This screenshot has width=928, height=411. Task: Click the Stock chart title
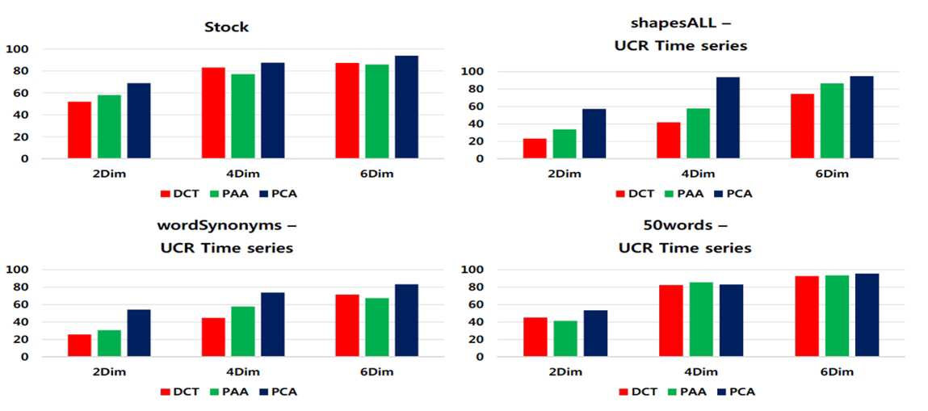[x=227, y=27]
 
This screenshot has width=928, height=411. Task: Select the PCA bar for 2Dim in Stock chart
[x=138, y=120]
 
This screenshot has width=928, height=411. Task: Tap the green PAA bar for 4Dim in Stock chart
[x=242, y=116]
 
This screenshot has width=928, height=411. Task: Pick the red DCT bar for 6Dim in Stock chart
[x=346, y=111]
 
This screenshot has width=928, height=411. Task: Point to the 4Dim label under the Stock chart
[x=242, y=174]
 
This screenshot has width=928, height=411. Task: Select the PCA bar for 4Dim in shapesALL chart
[x=728, y=118]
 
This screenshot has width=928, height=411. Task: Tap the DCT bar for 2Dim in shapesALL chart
[x=535, y=149]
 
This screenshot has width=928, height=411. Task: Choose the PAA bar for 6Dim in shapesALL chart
[x=832, y=121]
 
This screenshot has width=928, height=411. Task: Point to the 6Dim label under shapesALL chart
[x=832, y=174]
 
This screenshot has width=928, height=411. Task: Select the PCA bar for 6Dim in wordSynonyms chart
[x=406, y=321]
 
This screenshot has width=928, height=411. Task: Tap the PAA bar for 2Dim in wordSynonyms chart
[x=109, y=344]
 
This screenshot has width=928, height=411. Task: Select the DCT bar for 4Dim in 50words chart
[x=670, y=321]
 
